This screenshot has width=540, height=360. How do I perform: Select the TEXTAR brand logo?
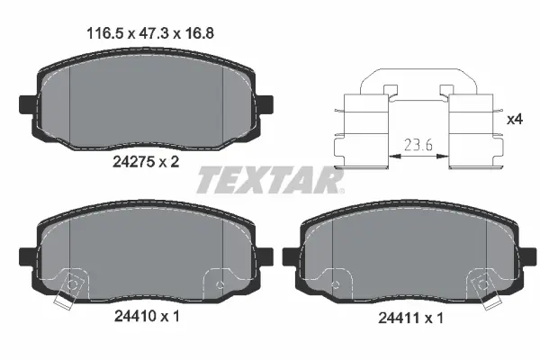click(x=271, y=182)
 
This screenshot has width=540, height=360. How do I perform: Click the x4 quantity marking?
click(x=516, y=119)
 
